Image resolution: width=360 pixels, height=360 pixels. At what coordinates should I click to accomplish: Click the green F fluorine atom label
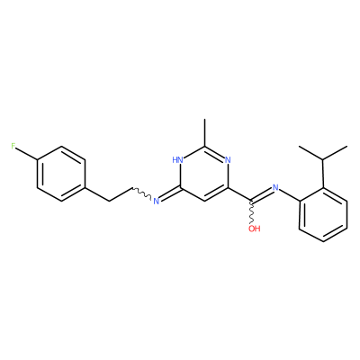[13, 147]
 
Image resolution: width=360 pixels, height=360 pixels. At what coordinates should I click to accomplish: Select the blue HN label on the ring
[177, 160]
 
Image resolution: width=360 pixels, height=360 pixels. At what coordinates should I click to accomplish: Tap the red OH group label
[255, 229]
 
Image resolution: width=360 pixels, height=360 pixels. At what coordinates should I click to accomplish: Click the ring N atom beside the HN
[228, 160]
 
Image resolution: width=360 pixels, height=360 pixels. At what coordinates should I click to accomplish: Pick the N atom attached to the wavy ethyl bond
[156, 201]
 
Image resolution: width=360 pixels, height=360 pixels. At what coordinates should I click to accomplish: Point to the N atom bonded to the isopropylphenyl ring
[275, 188]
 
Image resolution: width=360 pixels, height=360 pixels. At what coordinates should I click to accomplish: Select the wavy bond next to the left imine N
[142, 193]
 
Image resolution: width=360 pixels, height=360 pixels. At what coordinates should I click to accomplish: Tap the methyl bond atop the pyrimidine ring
[204, 132]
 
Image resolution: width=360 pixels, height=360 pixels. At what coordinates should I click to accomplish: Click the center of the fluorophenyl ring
[61, 174]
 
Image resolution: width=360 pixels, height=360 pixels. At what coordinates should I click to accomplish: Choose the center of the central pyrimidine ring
[204, 174]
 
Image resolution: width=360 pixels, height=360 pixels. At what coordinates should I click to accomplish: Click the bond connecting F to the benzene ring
[27, 154]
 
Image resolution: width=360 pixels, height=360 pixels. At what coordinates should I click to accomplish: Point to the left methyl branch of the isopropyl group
[311, 153]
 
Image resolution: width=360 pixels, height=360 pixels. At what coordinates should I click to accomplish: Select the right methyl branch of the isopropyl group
[336, 153]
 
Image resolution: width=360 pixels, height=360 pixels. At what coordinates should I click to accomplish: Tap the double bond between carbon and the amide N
[262, 194]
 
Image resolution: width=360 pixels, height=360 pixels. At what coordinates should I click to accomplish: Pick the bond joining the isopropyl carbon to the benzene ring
[323, 174]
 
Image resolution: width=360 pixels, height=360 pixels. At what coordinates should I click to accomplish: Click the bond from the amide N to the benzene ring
[289, 195]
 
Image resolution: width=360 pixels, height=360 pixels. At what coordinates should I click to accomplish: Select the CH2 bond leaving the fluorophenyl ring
[97, 195]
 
